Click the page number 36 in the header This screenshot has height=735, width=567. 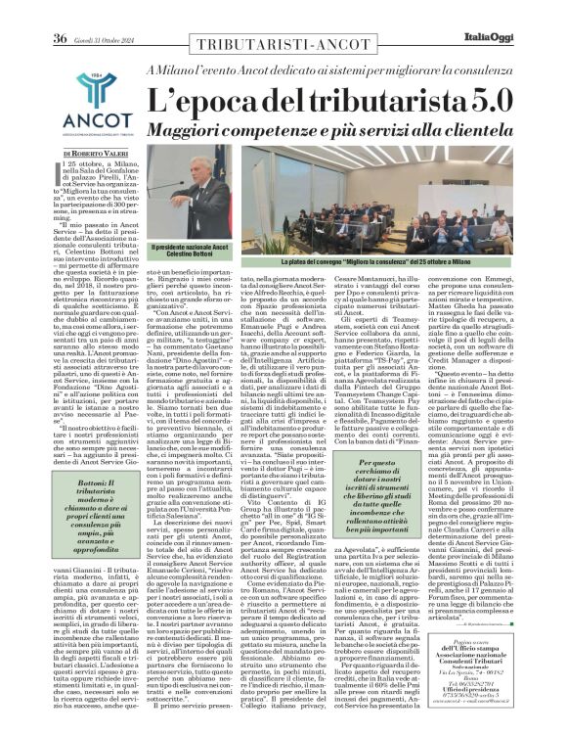click(x=59, y=12)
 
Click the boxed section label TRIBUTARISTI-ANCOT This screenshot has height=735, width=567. click(x=283, y=47)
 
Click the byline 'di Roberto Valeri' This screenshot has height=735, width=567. click(x=96, y=155)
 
